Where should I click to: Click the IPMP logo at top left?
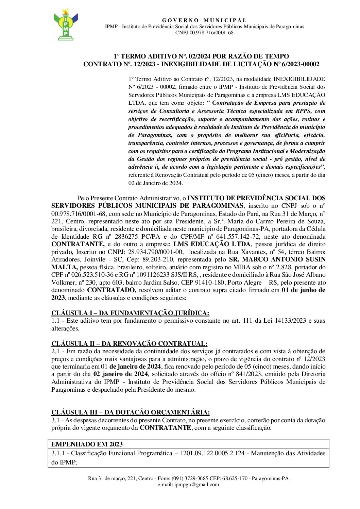pos(66,24)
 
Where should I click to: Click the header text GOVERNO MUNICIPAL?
pos(204,20)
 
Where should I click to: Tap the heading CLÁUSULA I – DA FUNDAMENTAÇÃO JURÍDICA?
pos(130,313)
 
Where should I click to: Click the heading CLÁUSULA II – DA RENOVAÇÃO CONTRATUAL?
pos(129,343)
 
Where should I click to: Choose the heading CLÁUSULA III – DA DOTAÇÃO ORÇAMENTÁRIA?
pos(131,412)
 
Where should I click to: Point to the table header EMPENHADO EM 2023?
pos(87,444)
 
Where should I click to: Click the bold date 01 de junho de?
pos(303,290)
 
